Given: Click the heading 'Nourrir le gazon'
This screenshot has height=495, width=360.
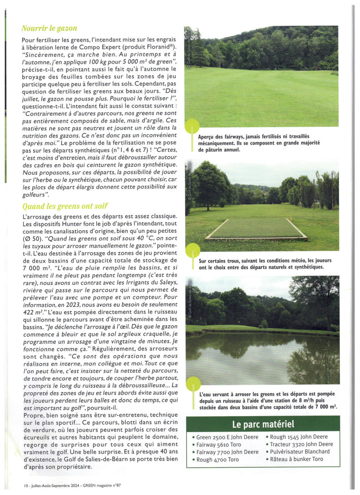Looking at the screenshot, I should pyautogui.click(x=49, y=28).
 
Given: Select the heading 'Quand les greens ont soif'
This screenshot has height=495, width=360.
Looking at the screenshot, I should pyautogui.click(x=65, y=206).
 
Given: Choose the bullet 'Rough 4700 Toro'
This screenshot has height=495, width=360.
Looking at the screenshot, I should pyautogui.click(x=218, y=459).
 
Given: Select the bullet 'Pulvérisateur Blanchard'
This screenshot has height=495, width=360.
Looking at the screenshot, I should pyautogui.click(x=299, y=451).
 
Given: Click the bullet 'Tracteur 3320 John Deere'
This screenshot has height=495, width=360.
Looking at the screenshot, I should pyautogui.click(x=301, y=444).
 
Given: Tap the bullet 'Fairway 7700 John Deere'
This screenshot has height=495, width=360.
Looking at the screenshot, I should pyautogui.click(x=227, y=452).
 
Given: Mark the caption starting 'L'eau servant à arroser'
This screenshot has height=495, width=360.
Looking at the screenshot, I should pyautogui.click(x=268, y=401).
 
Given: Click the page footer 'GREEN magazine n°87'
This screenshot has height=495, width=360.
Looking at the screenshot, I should pyautogui.click(x=100, y=484).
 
